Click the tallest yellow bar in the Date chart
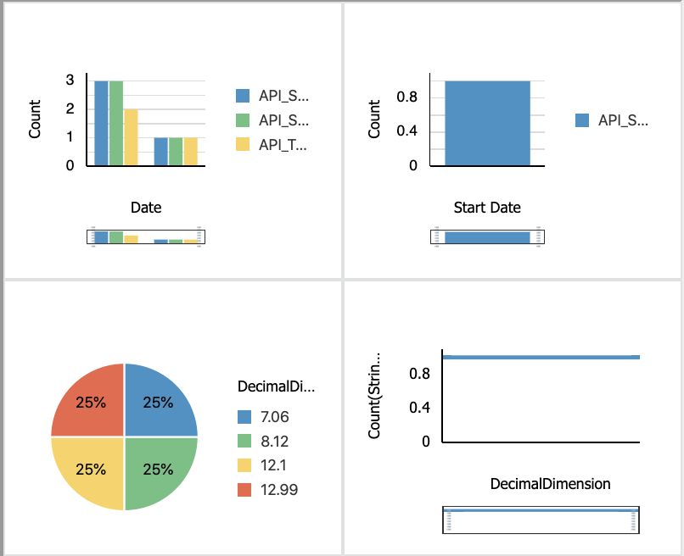[x=131, y=137]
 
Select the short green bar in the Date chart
[x=176, y=152]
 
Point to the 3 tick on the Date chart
[x=70, y=80]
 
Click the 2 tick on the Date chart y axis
[x=70, y=108]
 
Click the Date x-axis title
[x=146, y=208]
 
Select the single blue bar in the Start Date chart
[x=487, y=124]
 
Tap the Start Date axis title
[x=487, y=208]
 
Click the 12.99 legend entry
[x=268, y=490]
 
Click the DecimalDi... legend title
[x=276, y=387]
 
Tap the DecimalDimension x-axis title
[x=550, y=484]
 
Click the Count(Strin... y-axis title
[x=374, y=395]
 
